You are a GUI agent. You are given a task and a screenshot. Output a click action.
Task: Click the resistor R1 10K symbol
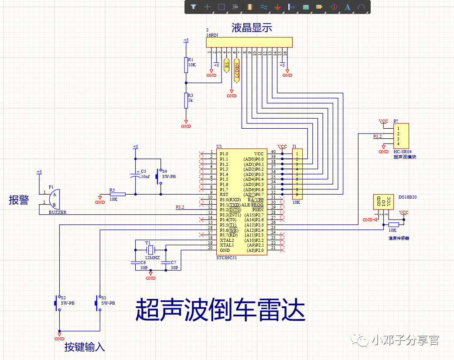pos(186,65)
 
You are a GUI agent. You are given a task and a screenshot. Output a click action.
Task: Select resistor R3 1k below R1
pos(186,100)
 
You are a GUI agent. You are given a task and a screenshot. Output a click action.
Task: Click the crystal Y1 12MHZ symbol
pos(150,250)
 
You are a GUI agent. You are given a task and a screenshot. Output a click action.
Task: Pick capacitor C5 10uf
pos(135,176)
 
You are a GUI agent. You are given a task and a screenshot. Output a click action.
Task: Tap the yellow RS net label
pos(226,65)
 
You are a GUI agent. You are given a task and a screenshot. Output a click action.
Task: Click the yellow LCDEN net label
pos(237,70)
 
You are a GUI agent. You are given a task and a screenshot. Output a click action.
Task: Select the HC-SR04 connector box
pos(401,136)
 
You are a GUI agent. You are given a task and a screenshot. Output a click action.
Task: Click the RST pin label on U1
pos(224,195)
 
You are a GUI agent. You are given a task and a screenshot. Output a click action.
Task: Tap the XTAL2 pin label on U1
pos(227,240)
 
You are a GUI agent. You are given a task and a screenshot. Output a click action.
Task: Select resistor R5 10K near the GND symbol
pos(117,195)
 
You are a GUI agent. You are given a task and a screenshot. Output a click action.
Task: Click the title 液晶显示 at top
pos(252,28)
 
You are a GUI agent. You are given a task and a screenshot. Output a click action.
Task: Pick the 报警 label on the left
pos(19,200)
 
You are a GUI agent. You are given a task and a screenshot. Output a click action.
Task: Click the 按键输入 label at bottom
pos(85,347)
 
